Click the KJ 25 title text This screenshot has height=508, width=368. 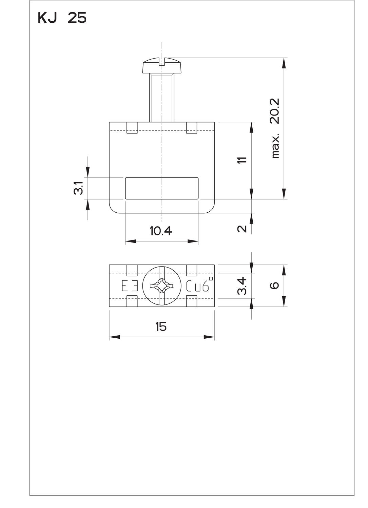tap(62, 18)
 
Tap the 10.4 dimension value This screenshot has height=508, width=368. tap(161, 231)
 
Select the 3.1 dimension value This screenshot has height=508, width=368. tap(78, 188)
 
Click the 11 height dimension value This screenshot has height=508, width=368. tap(241, 160)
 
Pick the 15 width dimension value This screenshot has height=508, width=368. tap(161, 327)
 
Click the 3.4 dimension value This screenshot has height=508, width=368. tap(242, 286)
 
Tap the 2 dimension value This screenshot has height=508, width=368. tap(242, 229)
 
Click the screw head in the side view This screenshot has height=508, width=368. tap(162, 66)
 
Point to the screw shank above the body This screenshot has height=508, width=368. tap(162, 98)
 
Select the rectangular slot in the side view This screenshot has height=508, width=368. tap(162, 188)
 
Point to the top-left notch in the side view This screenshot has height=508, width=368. tap(132, 128)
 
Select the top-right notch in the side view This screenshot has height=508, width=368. tap(192, 128)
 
